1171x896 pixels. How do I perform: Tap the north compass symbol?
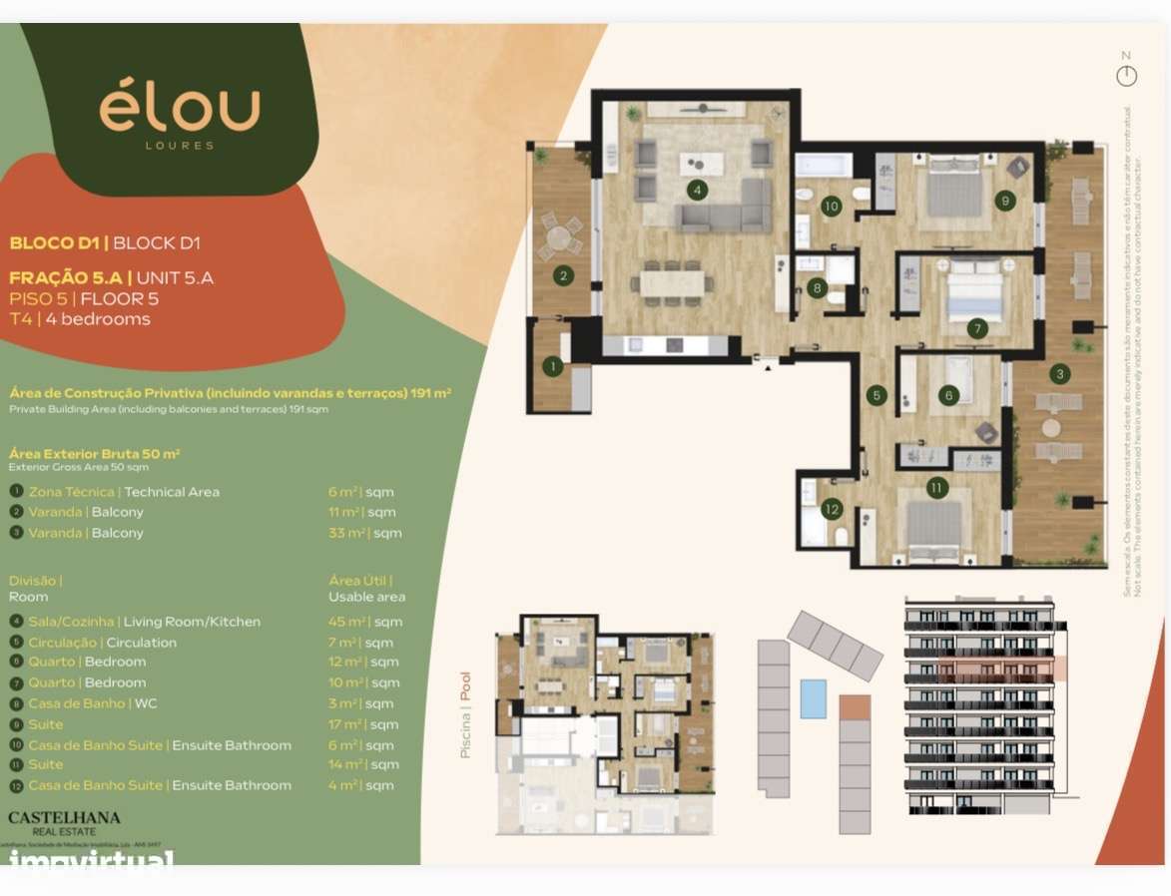[1126, 75]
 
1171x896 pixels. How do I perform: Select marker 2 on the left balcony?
[563, 275]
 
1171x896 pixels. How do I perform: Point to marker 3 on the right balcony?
[1060, 374]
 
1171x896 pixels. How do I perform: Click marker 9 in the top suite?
[1005, 201]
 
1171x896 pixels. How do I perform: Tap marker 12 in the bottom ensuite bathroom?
[832, 508]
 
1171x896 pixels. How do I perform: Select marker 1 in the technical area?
[551, 367]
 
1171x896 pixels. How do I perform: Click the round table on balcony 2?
[559, 237]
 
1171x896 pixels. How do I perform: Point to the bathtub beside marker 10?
[824, 165]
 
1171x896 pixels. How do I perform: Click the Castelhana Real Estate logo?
[64, 823]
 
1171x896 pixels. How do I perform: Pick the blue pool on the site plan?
[814, 697]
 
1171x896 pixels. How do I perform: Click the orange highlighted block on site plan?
[855, 707]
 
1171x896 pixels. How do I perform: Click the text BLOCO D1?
[57, 242]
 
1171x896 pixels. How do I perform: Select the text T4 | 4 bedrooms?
[80, 319]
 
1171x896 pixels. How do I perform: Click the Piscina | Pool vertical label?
[465, 714]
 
